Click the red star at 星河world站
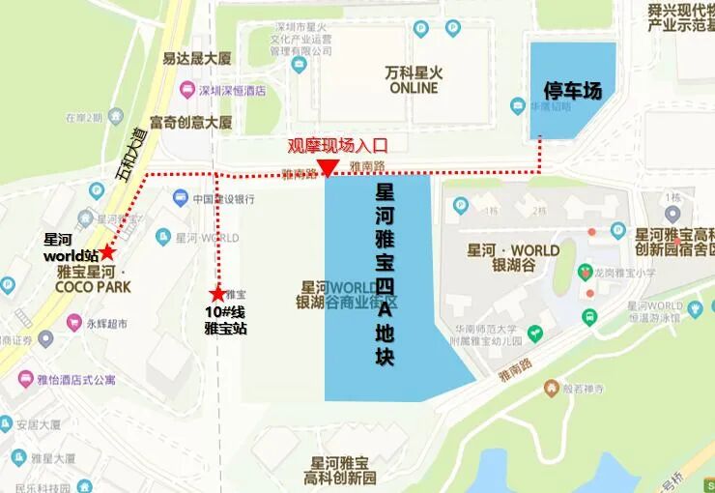107,252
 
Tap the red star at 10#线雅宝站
217,293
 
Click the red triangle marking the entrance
329,169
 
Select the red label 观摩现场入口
337,147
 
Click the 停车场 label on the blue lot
571,91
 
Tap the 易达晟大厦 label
197,59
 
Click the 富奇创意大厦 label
197,123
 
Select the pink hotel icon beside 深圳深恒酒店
186,90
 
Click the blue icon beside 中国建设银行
180,198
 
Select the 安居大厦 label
38,423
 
